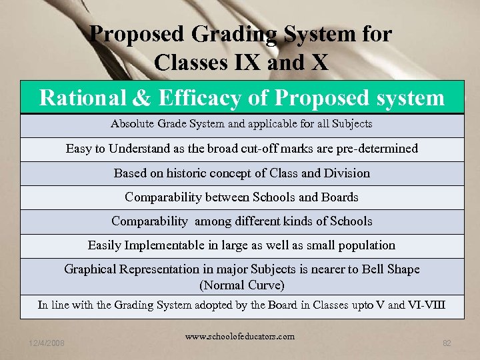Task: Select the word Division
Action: [346, 173]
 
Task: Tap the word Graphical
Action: [92, 269]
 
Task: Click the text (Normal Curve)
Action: [242, 285]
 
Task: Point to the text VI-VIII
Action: [426, 305]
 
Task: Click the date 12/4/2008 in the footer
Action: [47, 343]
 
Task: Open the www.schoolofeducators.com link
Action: [240, 337]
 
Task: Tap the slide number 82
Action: [447, 343]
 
